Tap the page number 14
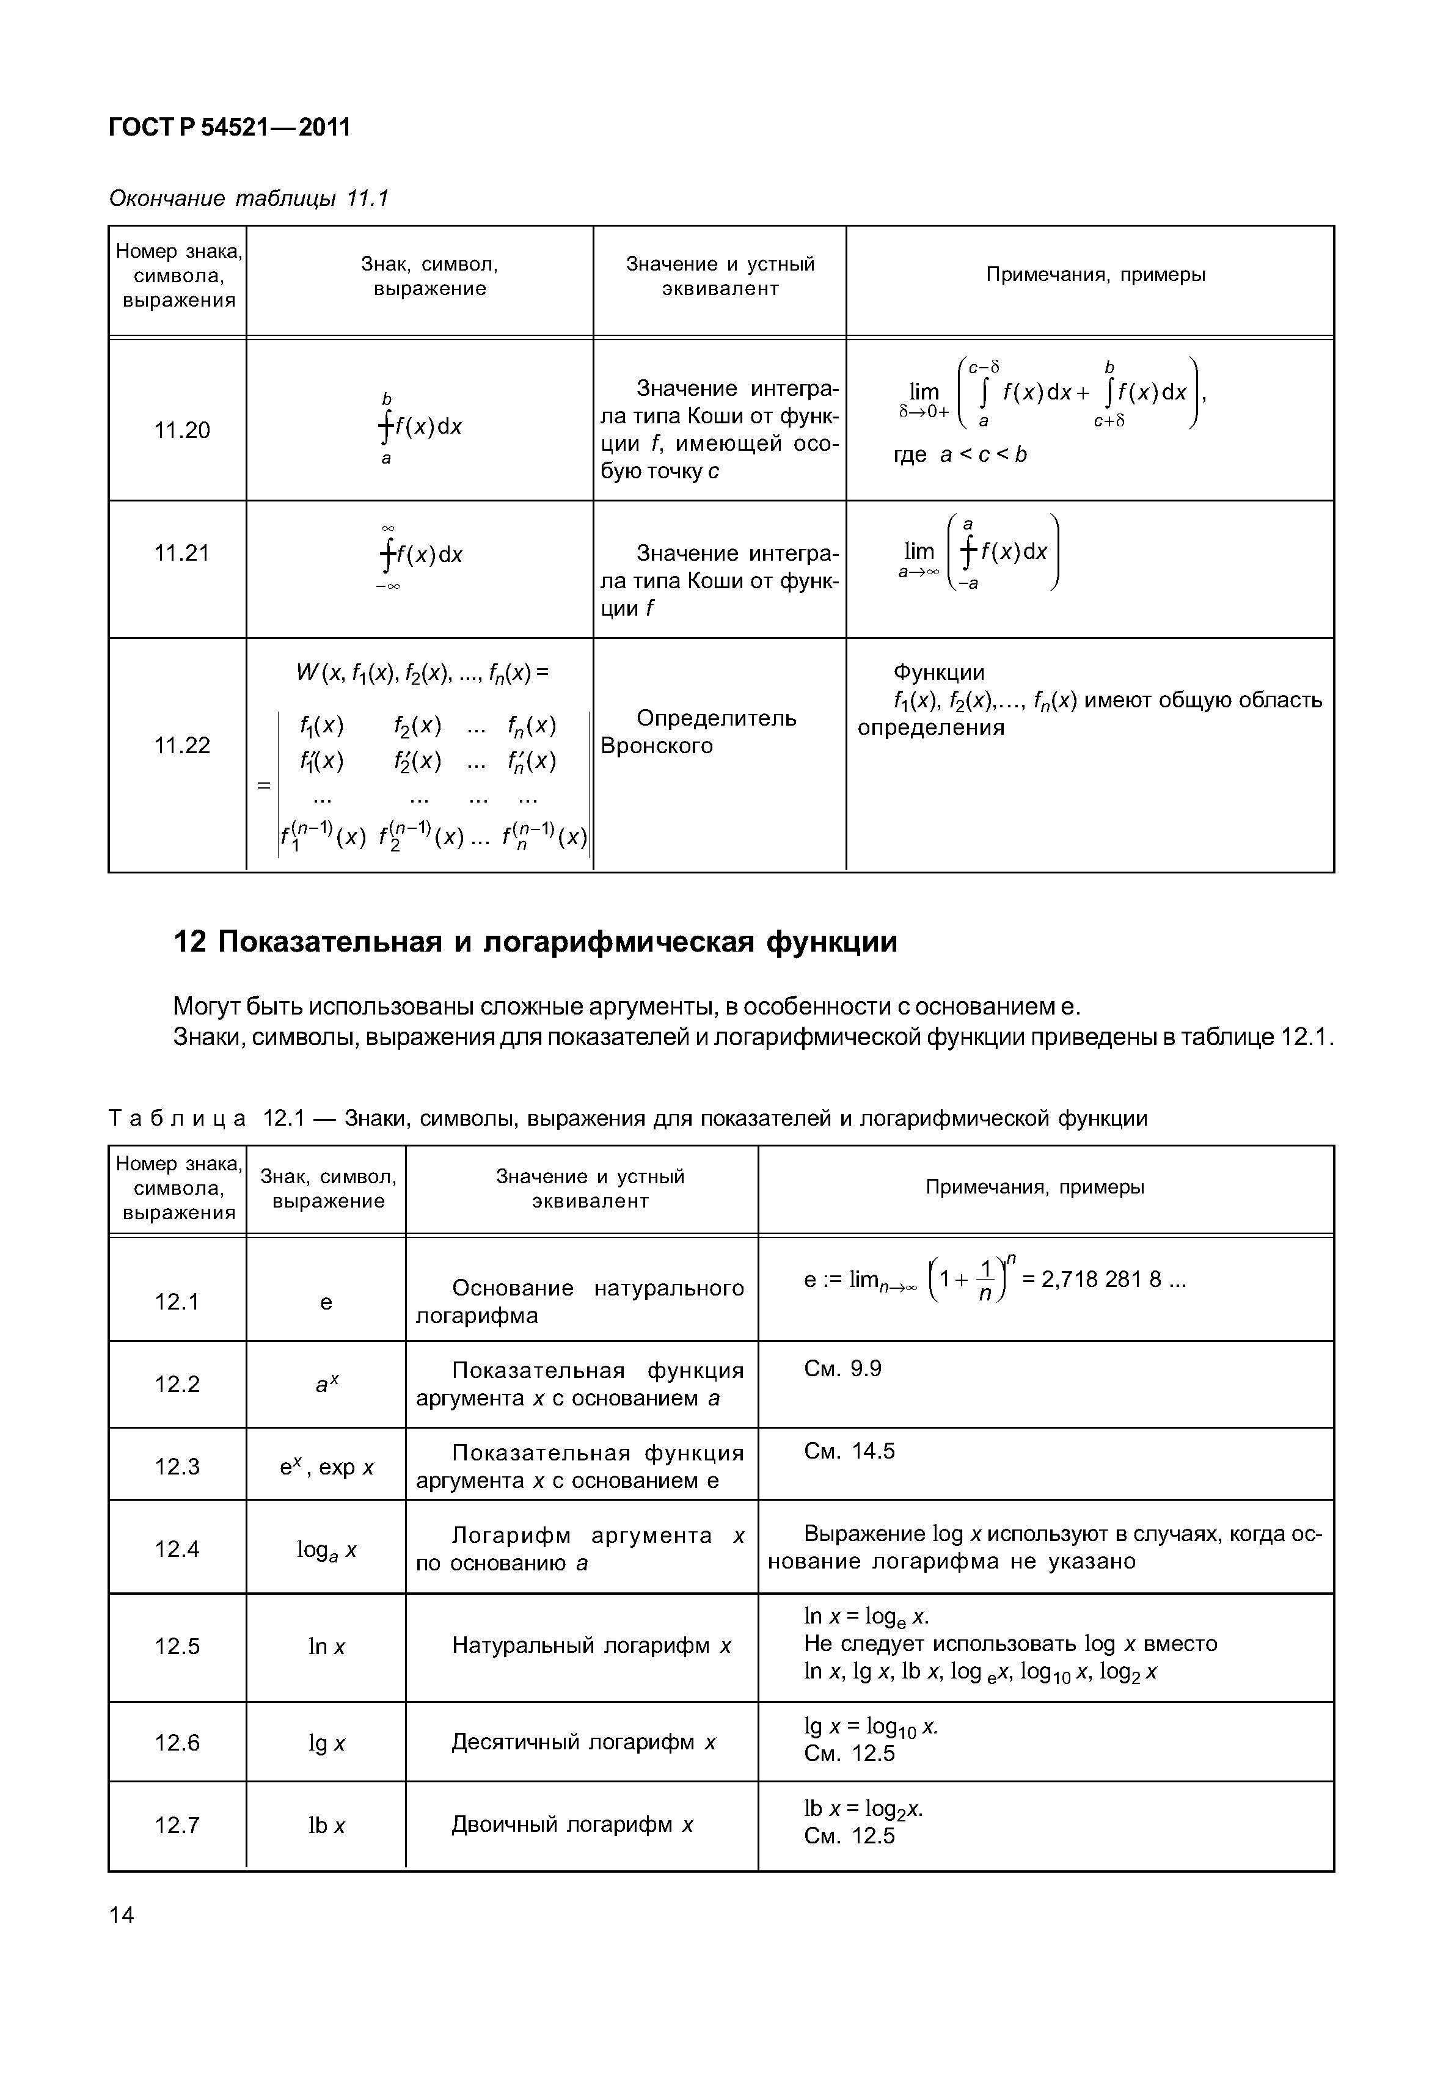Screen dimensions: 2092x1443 click(x=121, y=1915)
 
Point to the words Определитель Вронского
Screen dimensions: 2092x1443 click(x=698, y=732)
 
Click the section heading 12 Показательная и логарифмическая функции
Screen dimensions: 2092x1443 click(x=535, y=942)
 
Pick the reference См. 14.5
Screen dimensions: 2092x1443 click(x=849, y=1451)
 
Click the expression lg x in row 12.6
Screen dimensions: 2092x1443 click(x=326, y=1743)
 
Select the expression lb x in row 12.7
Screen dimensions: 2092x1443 click(x=326, y=1825)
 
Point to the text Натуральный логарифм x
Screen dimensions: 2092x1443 click(x=591, y=1646)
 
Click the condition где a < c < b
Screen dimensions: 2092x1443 click(x=960, y=455)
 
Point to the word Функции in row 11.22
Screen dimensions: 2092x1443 click(x=938, y=672)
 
